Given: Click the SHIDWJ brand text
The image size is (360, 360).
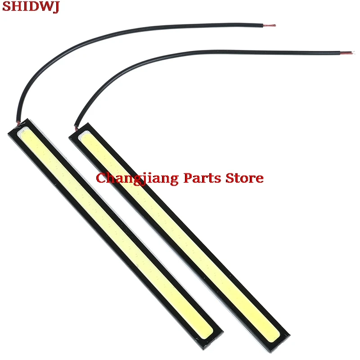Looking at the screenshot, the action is pyautogui.click(x=30, y=8).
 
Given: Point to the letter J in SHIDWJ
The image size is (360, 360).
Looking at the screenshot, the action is pyautogui.click(x=55, y=8).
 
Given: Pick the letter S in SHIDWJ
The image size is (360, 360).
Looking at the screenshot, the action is pyautogui.click(x=6, y=8).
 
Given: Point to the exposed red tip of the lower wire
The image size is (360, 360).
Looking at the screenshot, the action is pyautogui.click(x=349, y=53).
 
